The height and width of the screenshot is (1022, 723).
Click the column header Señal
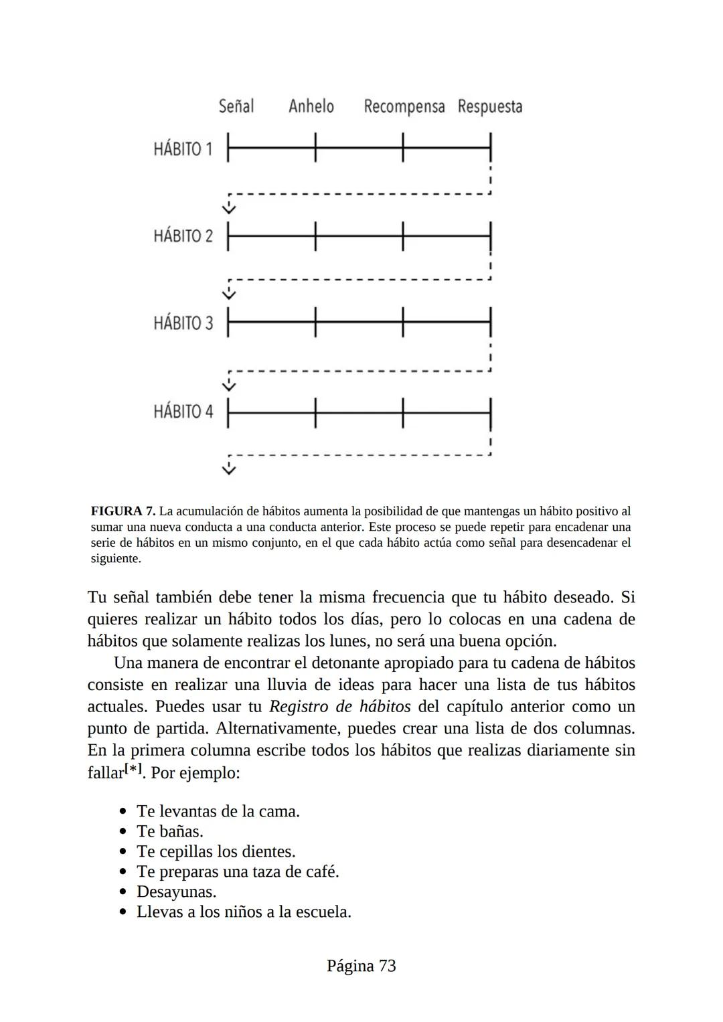[x=236, y=106]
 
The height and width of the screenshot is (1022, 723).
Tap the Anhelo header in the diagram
[x=311, y=106]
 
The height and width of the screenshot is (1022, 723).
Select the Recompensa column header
[x=404, y=107]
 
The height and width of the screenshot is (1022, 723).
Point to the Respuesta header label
[x=490, y=107]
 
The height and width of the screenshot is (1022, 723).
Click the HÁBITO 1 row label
[x=183, y=149]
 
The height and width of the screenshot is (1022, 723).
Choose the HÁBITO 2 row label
[x=183, y=236]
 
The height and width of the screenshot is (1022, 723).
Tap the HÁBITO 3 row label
[x=183, y=323]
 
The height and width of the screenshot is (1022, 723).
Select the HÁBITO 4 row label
[x=183, y=411]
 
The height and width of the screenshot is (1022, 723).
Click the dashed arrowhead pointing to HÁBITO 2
[x=229, y=208]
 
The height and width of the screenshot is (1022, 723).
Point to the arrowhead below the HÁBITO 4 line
[x=229, y=469]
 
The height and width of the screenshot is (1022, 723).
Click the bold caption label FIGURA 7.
[x=123, y=511]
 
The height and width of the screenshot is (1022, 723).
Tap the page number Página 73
[x=361, y=966]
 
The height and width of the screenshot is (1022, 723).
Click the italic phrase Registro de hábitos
[x=339, y=707]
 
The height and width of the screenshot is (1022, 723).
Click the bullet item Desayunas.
[x=176, y=891]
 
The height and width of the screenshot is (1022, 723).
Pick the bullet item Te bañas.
[x=169, y=831]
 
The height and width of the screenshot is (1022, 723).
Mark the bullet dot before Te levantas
[x=123, y=811]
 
